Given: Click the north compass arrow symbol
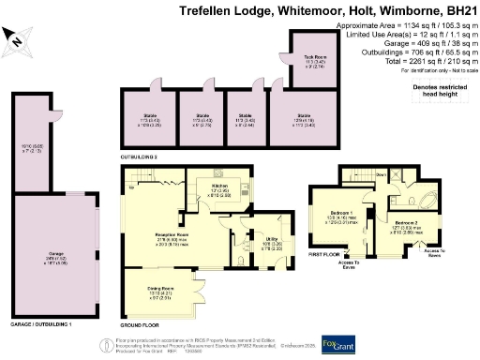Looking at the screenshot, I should [x=16, y=37].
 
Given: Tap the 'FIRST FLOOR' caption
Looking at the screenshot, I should [x=325, y=253].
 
